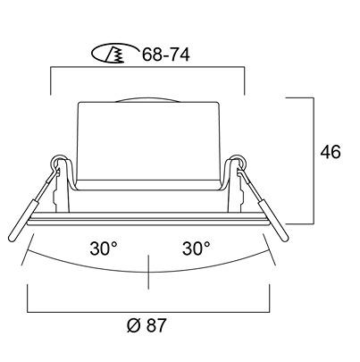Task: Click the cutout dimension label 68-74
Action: [165, 55]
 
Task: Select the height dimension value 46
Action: [331, 152]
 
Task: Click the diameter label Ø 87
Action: [146, 325]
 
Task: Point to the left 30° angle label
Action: [104, 248]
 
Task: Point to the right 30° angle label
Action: [197, 248]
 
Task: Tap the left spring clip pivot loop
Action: [59, 161]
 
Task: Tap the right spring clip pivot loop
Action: [239, 161]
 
